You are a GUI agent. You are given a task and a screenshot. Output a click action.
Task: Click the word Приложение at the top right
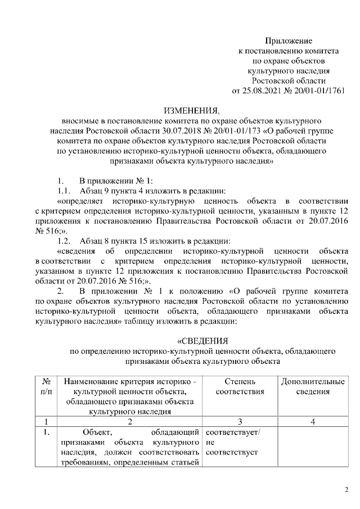pyautogui.click(x=288, y=40)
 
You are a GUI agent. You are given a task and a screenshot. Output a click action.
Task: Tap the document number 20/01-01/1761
pyautogui.click(x=318, y=91)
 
